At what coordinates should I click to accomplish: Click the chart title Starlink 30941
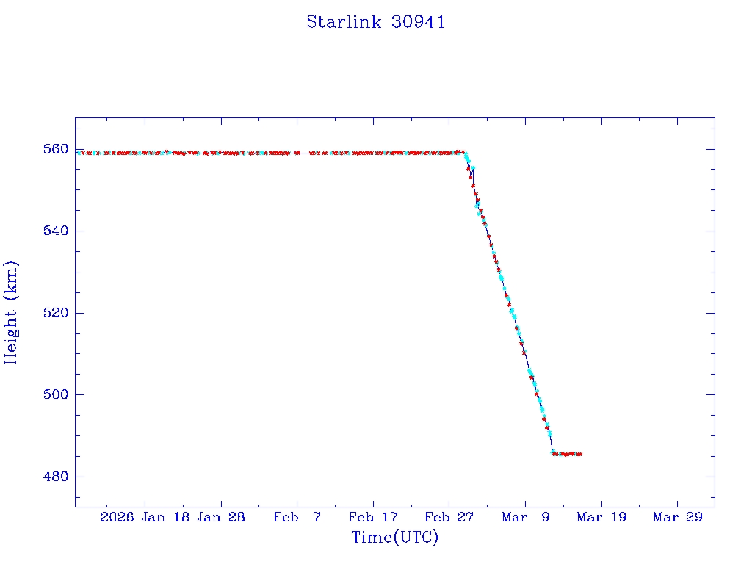coord(376,22)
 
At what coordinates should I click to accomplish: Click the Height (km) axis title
coord(11,312)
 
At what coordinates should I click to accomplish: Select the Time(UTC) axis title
coord(394,538)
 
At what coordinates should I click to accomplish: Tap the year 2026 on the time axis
coord(117,518)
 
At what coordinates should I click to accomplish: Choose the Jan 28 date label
coord(222,518)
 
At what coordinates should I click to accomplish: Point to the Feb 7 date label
coord(297,518)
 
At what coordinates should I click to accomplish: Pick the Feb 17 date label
coord(373,518)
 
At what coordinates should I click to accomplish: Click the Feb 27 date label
coord(449,518)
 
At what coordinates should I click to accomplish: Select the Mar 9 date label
coord(525,518)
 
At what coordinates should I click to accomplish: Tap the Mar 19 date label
coord(601,518)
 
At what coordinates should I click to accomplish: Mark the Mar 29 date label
coord(677,518)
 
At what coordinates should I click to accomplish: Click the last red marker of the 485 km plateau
coord(580,454)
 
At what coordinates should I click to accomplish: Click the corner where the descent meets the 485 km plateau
coord(553,453)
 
